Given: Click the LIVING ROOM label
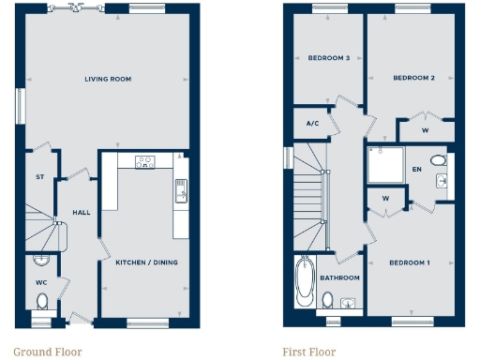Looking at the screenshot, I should [107, 80].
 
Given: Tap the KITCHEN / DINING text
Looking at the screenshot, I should [146, 262].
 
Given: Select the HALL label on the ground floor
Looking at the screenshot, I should [82, 213].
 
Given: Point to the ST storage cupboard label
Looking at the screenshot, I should [40, 176].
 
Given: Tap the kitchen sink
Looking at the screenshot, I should [180, 194].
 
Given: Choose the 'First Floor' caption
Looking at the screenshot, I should [308, 352].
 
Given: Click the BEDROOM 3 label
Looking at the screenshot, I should [328, 58].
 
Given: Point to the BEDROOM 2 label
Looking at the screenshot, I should [413, 78].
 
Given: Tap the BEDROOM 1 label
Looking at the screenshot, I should [409, 262].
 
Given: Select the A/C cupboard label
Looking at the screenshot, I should [313, 123].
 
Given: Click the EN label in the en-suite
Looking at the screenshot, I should [416, 170].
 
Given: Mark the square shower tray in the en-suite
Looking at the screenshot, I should [385, 166].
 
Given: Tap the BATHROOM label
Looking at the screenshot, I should [339, 277].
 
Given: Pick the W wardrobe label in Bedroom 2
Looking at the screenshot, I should [426, 130].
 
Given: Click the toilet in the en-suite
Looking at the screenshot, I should [439, 159].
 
